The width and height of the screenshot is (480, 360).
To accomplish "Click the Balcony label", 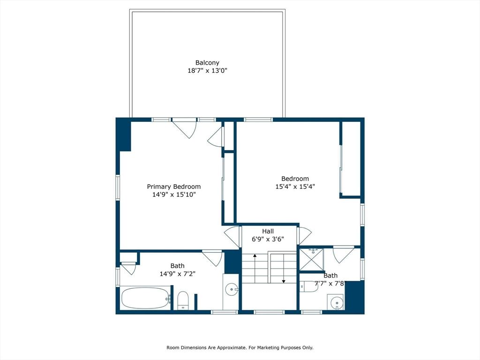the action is pyautogui.click(x=207, y=63).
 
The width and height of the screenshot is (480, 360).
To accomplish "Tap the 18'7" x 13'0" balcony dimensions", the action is pyautogui.click(x=207, y=71).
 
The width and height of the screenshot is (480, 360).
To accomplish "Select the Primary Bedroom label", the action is pyautogui.click(x=174, y=187).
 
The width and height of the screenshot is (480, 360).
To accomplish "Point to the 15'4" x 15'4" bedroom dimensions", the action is pyautogui.click(x=295, y=187).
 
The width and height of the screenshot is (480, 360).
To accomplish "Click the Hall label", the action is pyautogui.click(x=268, y=232).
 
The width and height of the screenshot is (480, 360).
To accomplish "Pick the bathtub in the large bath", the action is pyautogui.click(x=146, y=298).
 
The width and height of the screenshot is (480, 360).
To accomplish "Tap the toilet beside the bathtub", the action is pyautogui.click(x=183, y=300).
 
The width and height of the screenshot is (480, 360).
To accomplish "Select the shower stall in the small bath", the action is pyautogui.click(x=311, y=260).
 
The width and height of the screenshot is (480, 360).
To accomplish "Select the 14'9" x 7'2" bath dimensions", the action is pyautogui.click(x=178, y=274).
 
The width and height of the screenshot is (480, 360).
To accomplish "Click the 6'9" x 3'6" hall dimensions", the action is pyautogui.click(x=268, y=239).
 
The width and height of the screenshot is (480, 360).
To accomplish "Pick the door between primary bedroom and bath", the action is pyautogui.click(x=212, y=258).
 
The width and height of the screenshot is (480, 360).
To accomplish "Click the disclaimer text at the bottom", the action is pyautogui.click(x=240, y=347).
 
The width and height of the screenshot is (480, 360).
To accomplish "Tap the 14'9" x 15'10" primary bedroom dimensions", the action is pyautogui.click(x=174, y=195).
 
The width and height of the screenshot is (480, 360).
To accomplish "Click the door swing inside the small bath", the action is pyautogui.click(x=339, y=255).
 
